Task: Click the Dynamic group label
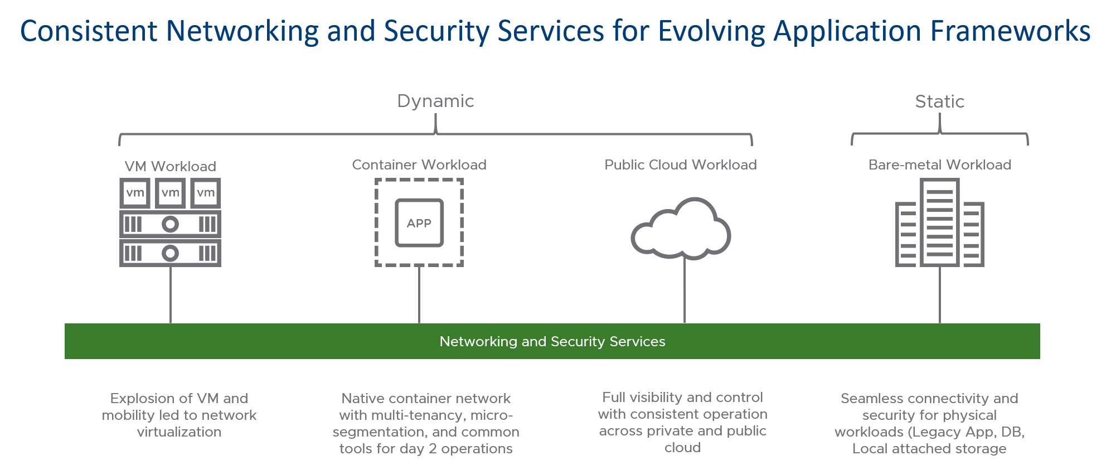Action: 435,101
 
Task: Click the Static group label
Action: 939,101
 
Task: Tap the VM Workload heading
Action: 170,166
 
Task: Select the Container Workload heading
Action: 419,164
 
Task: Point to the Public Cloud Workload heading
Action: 680,164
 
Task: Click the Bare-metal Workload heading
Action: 939,164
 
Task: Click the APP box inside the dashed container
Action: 419,223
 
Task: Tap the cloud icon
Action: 681,230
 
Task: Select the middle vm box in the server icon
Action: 170,193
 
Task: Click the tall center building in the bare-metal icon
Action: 940,223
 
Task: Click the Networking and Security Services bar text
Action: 552,341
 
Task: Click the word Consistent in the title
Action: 89,31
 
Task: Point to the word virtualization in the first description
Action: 179,432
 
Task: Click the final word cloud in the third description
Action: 682,447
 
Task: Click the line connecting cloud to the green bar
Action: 685,290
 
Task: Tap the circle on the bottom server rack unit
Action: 170,253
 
